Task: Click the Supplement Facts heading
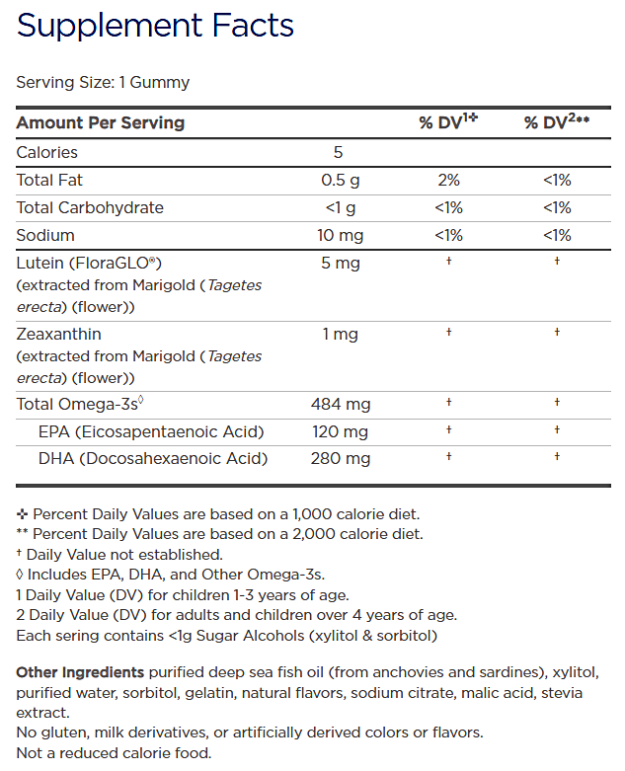pos(155,26)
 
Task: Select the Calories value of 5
pos(338,152)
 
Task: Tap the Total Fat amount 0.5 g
pos(340,180)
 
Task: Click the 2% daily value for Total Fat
pos(448,180)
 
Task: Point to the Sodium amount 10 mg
pos(340,235)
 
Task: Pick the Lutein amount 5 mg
pos(340,263)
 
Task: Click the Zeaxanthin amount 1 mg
pos(340,334)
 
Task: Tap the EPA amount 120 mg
pos(340,430)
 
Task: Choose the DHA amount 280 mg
pos(340,458)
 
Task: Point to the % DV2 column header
pos(556,122)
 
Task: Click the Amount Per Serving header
pos(101,122)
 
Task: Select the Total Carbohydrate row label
pos(90,207)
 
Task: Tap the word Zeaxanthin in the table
pos(59,334)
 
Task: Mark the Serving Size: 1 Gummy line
pos(103,82)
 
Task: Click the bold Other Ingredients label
pos(80,672)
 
